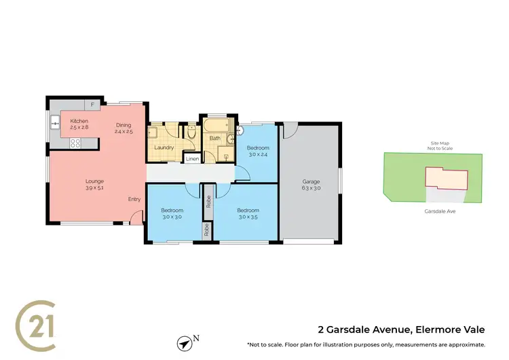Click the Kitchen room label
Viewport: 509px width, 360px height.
coord(79,120)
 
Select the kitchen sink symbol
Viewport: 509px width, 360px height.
coord(54,122)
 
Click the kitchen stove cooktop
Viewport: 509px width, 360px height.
coord(75,143)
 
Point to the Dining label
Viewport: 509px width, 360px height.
coord(124,124)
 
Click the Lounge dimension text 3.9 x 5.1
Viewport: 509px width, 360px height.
coord(94,188)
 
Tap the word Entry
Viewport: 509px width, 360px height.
coord(135,199)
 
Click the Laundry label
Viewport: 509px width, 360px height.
coord(164,147)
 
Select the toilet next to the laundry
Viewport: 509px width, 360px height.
coord(192,132)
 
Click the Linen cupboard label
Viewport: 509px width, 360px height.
coord(193,159)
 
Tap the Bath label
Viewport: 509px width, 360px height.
coord(215,139)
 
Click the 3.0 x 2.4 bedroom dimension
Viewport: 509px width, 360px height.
coord(258,154)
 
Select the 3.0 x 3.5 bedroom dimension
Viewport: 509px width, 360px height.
coord(248,218)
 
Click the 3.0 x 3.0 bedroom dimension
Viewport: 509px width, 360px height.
coord(172,218)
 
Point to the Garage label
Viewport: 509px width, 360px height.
coord(311,181)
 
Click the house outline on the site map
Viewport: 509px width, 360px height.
coord(447,179)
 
